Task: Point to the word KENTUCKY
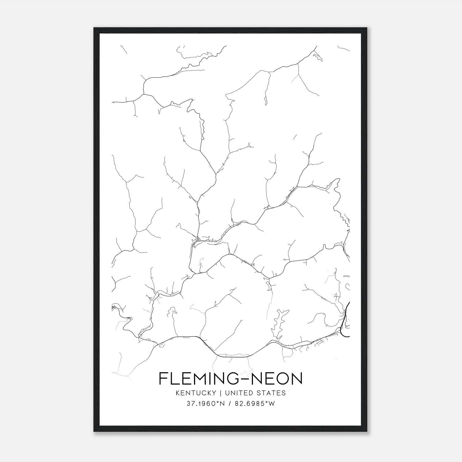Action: (196, 393)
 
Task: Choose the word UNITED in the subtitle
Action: (238, 393)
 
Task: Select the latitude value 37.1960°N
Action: (206, 404)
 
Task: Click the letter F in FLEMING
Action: (163, 378)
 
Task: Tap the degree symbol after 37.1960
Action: (217, 402)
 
